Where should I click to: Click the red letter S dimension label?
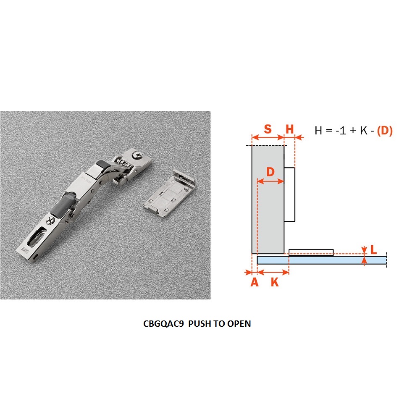point(268,129)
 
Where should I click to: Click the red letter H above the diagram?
point(289,129)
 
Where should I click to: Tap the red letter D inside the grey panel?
point(270,172)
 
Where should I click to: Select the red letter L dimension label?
point(374,250)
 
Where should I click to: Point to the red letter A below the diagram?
point(255,282)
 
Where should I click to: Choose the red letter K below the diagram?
point(275,282)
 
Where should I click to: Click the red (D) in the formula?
point(385,131)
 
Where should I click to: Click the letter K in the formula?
point(363,131)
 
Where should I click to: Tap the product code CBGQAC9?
point(163,323)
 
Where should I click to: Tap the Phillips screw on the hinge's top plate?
point(138,155)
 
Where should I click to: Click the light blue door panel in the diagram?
point(322,260)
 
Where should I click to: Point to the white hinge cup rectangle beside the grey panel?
point(289,194)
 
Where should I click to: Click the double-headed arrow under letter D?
point(270,181)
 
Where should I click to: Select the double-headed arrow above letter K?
point(273,273)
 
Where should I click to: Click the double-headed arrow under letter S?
point(268,137)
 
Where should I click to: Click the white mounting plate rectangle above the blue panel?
point(311,252)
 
